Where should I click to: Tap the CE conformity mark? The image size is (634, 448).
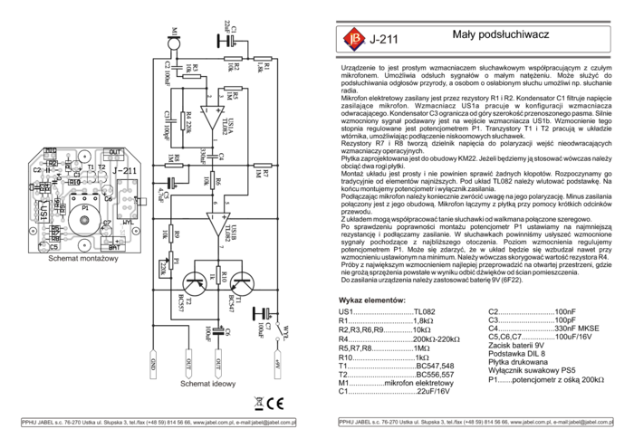point(276,404)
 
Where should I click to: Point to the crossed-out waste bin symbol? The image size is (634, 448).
point(258,404)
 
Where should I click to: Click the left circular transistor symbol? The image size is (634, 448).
point(195,283)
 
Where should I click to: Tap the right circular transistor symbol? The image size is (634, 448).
point(242,283)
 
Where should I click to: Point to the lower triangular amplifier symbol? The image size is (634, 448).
point(217,223)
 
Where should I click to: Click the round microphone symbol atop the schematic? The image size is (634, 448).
point(174,42)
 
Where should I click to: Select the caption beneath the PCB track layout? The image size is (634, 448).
point(83,258)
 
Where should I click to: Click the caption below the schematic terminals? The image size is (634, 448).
point(207,383)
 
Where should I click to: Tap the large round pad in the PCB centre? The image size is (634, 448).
point(84,219)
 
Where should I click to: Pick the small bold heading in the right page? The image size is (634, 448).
point(371,300)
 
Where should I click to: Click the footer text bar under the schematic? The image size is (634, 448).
point(158,423)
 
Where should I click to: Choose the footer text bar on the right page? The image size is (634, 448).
point(475,422)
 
